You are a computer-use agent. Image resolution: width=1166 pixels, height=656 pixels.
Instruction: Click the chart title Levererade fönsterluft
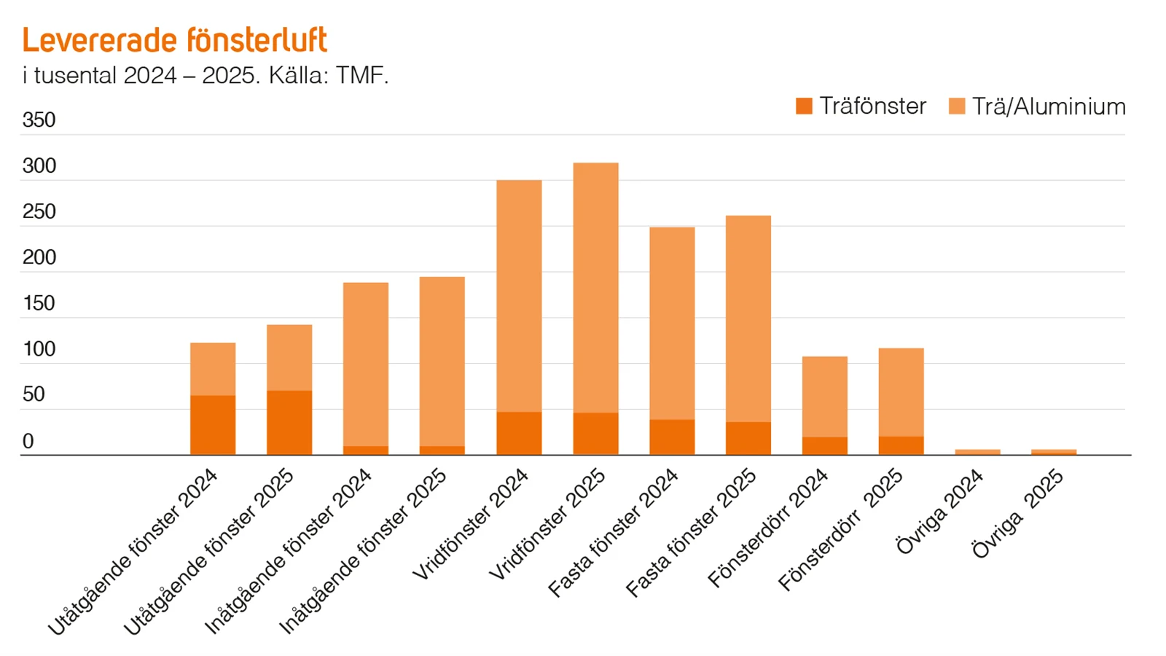pos(175,40)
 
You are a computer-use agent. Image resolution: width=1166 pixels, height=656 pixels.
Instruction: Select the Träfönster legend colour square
pos(804,106)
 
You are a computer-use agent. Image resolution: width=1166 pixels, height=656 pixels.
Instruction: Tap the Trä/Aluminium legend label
pos(1048,106)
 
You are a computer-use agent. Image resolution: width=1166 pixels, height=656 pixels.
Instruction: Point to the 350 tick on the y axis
pos(39,120)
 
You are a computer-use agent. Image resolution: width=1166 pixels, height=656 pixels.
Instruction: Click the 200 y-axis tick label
pos(39,257)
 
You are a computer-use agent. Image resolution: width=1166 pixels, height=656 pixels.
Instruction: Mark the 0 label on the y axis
pos(28,441)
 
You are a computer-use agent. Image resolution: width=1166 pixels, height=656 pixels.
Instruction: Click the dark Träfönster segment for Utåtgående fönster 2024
pos(213,426)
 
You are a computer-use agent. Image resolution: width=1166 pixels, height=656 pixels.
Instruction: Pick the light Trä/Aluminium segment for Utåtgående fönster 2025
pos(289,357)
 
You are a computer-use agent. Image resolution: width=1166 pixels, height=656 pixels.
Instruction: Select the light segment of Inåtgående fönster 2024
pos(366,364)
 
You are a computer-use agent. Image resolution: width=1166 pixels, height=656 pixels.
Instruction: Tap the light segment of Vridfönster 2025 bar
pos(595,288)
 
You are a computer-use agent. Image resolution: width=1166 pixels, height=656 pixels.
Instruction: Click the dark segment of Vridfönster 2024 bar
pos(519,434)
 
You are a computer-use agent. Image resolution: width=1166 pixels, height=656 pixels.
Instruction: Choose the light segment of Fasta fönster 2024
pos(672,323)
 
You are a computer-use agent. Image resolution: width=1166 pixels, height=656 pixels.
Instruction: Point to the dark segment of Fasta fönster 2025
pos(748,438)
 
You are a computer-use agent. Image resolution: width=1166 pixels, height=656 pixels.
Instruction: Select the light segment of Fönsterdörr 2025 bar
pos(901,392)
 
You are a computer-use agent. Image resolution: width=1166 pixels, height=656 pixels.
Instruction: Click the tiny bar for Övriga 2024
pos(977,452)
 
